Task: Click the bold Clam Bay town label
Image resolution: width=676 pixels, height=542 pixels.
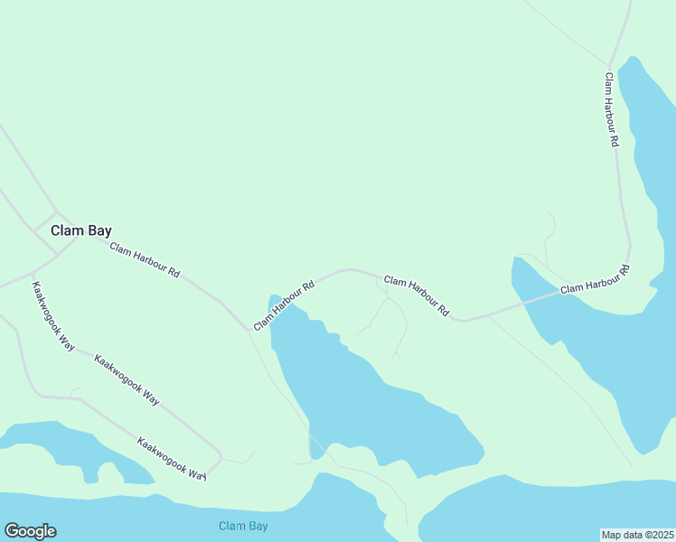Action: pos(80,230)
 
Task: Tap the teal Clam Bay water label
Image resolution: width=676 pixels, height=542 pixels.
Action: pos(243,526)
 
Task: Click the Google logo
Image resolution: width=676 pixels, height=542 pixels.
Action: pos(30,531)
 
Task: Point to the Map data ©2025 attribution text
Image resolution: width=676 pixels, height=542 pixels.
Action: pos(637,534)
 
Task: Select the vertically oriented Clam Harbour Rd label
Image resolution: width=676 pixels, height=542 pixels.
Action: pos(612,109)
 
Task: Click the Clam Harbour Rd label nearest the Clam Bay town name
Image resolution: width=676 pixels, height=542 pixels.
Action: pos(145,260)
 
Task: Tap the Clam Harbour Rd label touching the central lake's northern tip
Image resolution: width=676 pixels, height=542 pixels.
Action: pos(283,305)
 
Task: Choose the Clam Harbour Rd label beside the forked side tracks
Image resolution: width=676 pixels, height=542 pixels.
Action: pos(416,295)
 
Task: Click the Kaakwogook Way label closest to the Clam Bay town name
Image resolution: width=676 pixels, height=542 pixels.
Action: pos(53,316)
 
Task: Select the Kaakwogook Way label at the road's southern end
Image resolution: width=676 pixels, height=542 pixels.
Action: pos(172,458)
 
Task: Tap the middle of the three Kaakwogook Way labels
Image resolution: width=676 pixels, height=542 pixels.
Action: pos(127,379)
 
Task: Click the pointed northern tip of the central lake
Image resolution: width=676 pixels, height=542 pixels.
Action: pos(273,297)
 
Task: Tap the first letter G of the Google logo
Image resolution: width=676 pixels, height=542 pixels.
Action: pos(11,531)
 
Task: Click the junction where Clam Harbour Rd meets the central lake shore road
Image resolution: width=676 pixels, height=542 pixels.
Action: pos(249,330)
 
